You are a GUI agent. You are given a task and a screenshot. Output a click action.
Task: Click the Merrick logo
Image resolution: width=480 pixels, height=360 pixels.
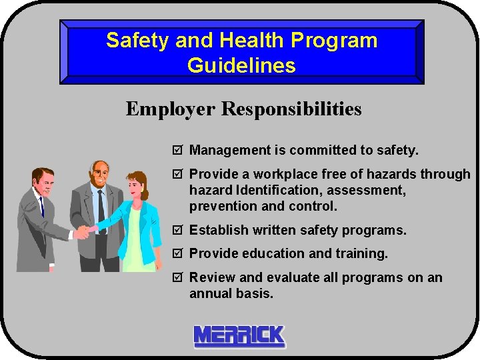point(239,336)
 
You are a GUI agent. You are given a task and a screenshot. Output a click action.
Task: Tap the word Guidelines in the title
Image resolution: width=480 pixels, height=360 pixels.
point(241,65)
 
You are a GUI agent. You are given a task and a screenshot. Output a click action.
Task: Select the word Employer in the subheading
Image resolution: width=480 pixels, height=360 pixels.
point(171,109)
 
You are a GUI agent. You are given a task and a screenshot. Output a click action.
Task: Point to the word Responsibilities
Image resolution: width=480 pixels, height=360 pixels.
point(291,109)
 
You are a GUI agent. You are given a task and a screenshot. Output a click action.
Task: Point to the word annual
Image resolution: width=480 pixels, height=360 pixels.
point(209,293)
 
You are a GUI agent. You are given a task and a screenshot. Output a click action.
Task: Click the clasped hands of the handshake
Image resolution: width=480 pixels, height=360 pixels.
point(83,231)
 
